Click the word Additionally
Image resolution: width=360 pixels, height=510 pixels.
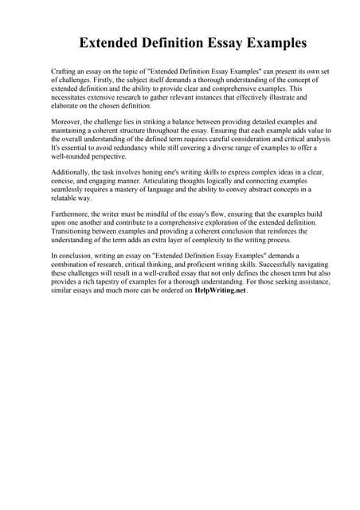(73, 173)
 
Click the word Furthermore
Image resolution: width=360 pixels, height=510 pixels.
(73, 216)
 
